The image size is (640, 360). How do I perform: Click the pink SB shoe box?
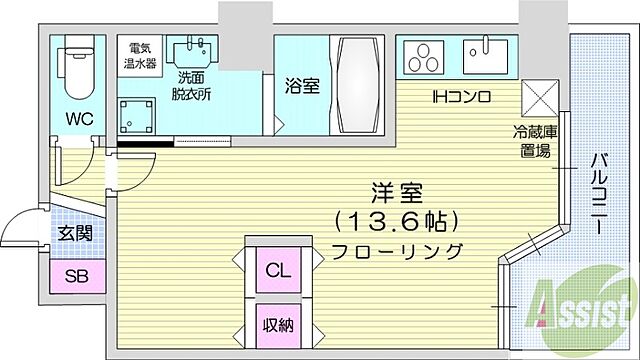[73, 277]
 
